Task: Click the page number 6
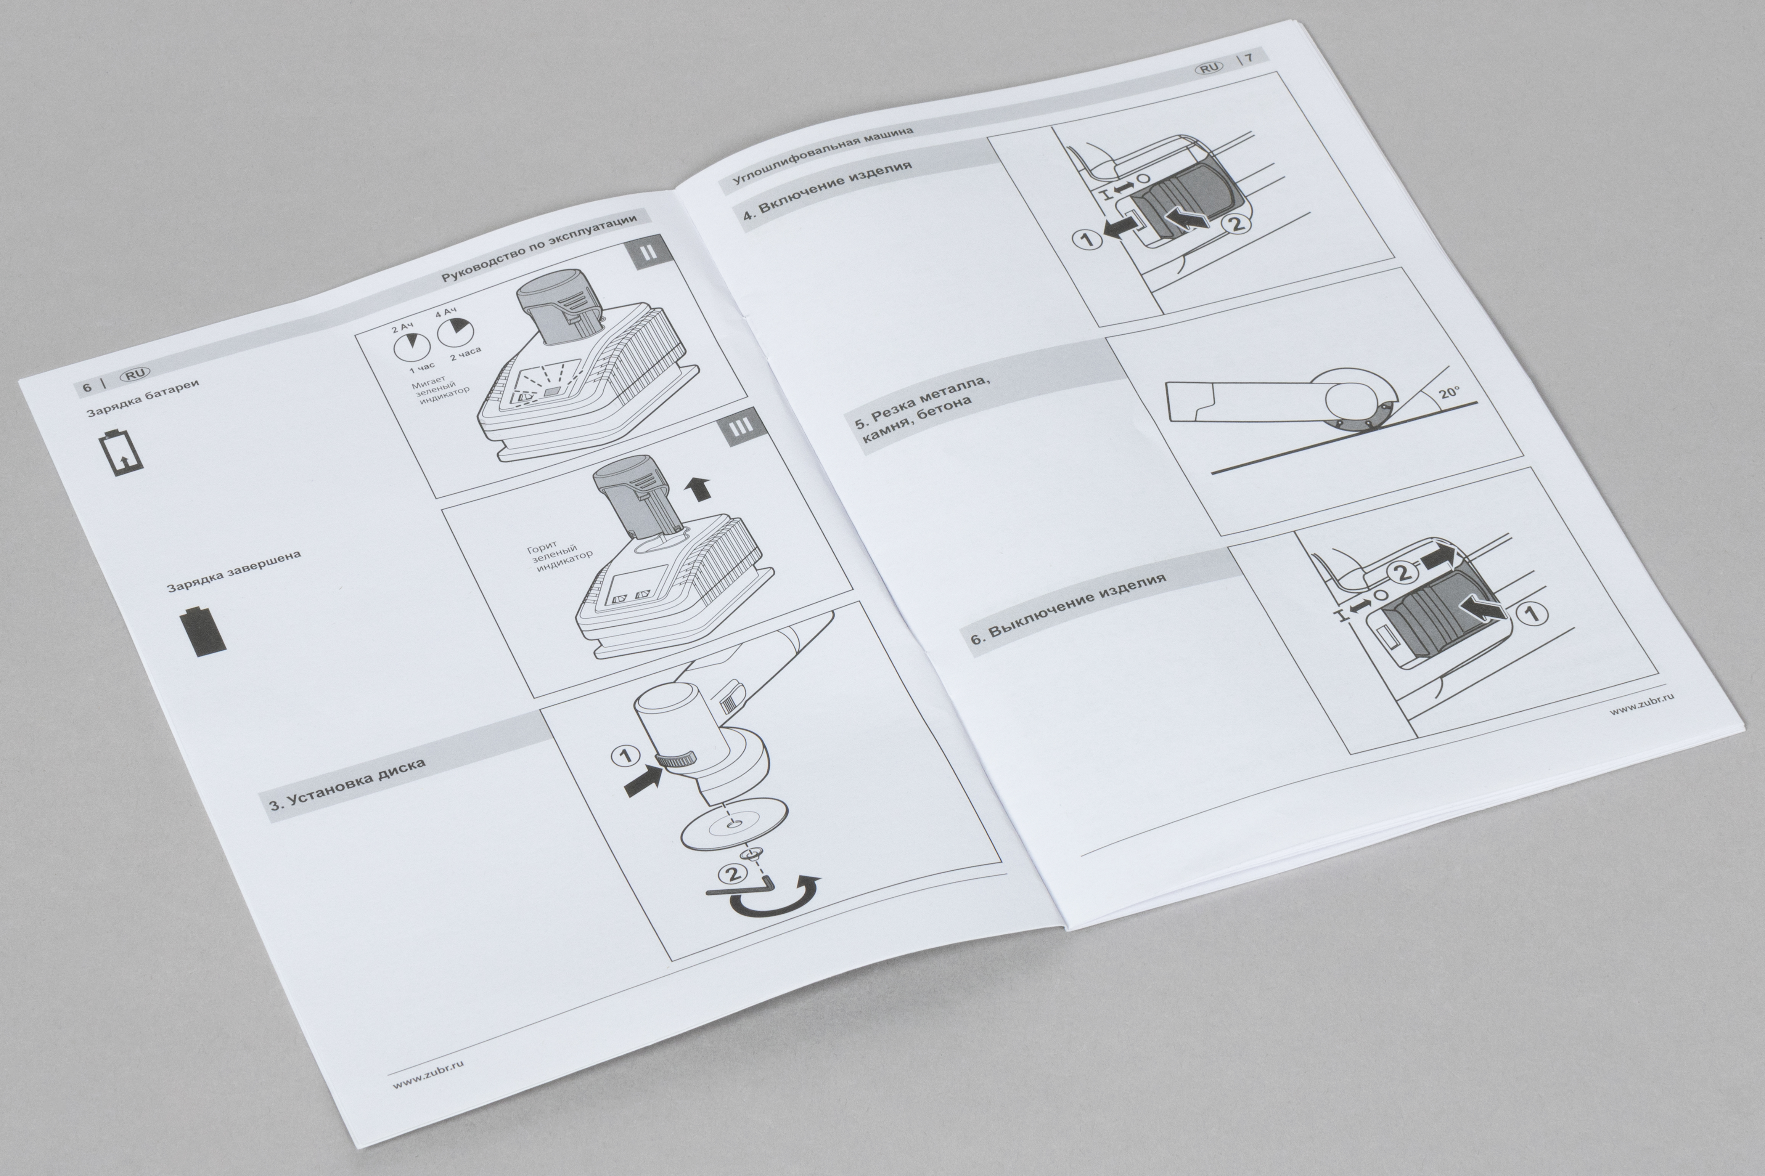pyautogui.click(x=87, y=387)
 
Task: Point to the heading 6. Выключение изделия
pyautogui.click(x=1068, y=609)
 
